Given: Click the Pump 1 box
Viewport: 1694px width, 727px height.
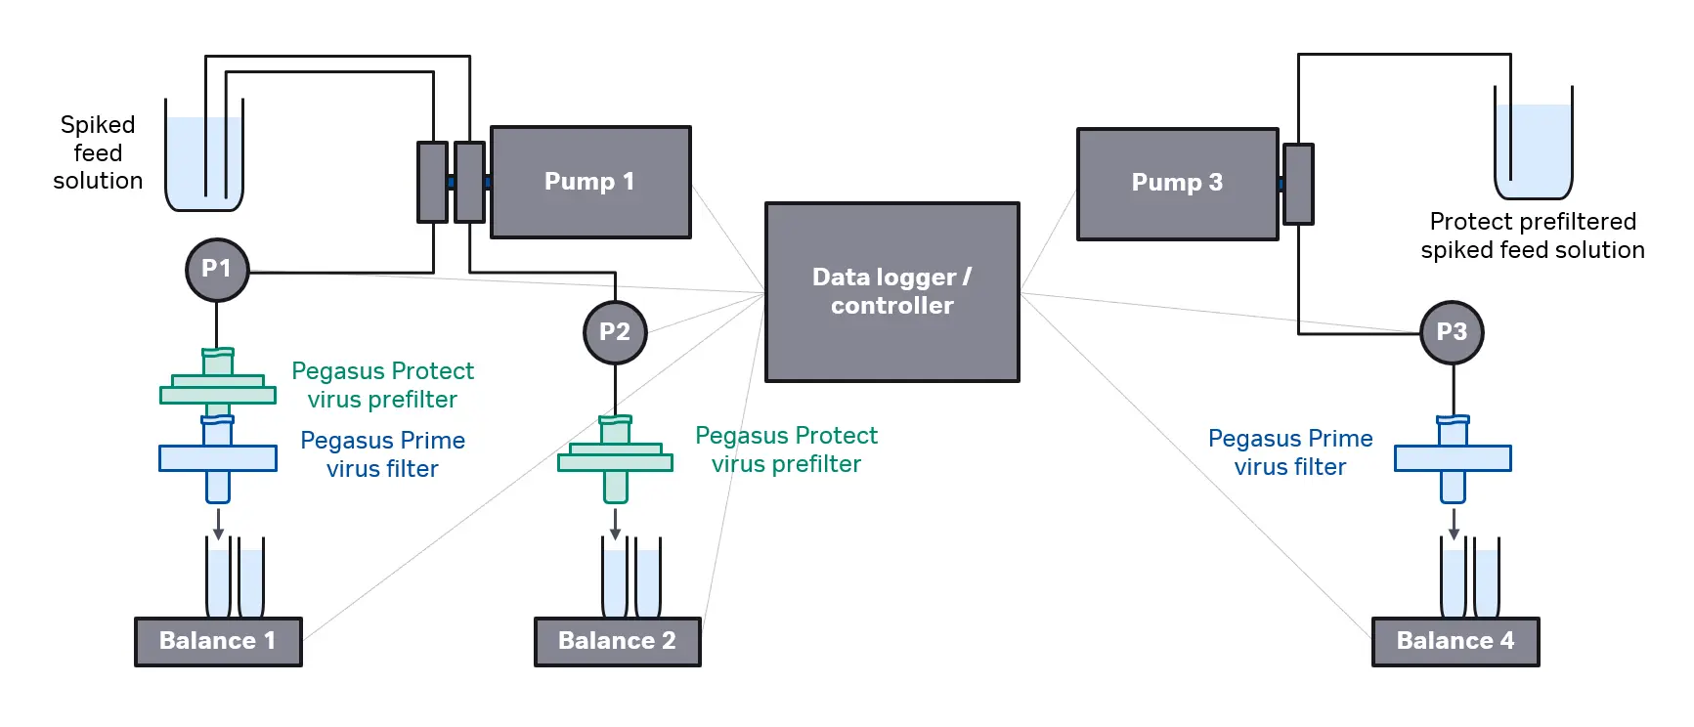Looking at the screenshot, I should coord(590,182).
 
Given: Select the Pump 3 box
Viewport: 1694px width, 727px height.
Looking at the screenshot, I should coord(1177,183).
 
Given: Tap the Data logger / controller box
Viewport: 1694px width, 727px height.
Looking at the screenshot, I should coord(891,291).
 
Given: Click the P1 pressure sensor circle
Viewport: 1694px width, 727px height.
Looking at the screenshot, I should coord(217,269).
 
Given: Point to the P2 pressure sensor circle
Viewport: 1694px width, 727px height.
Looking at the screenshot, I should coord(615,332).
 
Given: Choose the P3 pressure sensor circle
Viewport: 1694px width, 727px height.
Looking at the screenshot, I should coord(1452,332).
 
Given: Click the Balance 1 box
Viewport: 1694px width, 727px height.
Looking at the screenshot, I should coord(218,641).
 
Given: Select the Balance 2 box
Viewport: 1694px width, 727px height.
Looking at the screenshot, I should coord(617,641).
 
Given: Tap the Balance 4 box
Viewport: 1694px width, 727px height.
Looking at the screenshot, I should coord(1455,641).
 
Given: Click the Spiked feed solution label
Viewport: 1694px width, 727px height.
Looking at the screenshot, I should coord(98,152).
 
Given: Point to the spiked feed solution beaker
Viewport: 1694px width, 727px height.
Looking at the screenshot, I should coord(204,161).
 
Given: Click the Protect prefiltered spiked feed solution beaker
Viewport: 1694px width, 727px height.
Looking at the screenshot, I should coord(1533,147).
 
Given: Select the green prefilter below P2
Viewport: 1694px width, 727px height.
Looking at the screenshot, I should coord(615,455).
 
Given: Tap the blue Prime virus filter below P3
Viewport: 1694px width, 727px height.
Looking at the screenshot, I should coord(1453,457).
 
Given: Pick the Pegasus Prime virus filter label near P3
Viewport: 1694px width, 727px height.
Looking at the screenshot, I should coord(1290,452).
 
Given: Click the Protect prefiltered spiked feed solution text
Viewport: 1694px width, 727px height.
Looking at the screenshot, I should coord(1533,235).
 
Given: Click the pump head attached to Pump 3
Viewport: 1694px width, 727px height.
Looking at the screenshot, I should coord(1298,184).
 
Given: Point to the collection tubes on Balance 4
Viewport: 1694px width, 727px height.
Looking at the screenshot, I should coord(1469,578).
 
